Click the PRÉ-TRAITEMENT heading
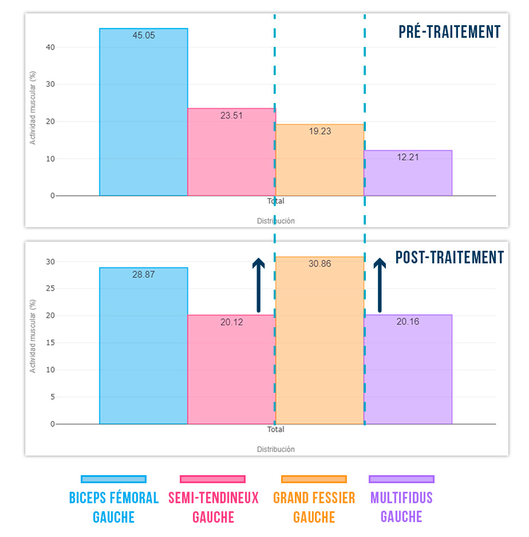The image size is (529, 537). pos(449,32)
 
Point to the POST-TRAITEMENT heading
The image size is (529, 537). pos(449,258)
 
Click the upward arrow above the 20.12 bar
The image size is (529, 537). pos(259,285)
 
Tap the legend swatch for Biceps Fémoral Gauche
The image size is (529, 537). pos(113,479)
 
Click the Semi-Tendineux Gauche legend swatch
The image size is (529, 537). pos(212,479)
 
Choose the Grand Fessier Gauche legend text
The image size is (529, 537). pos(314,507)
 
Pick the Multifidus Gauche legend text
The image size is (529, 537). pos(401,507)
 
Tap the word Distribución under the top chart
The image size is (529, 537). pos(275,221)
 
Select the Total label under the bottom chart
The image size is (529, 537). pos(275,429)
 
